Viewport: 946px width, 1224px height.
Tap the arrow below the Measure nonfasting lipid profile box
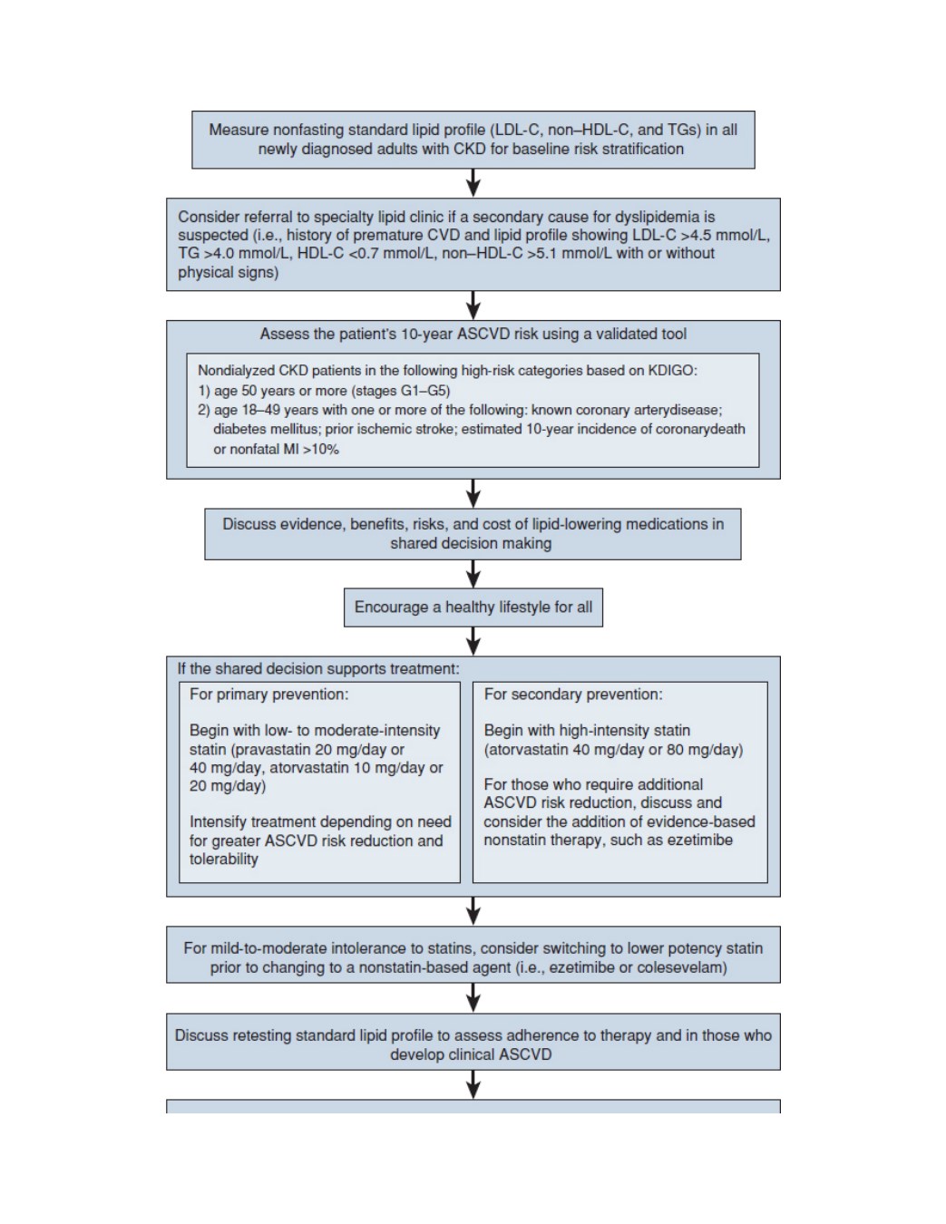pos(473,182)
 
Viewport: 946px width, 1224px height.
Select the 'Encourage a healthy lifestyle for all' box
pos(473,607)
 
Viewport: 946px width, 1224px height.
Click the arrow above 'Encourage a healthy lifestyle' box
pos(473,574)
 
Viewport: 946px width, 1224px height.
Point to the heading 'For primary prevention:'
pos(268,694)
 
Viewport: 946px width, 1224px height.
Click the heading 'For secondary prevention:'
pos(573,694)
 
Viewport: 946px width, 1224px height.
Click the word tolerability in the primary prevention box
pos(224,859)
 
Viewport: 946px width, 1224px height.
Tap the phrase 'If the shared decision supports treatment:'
pos(318,668)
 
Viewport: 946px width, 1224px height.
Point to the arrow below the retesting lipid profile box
pos(473,1084)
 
